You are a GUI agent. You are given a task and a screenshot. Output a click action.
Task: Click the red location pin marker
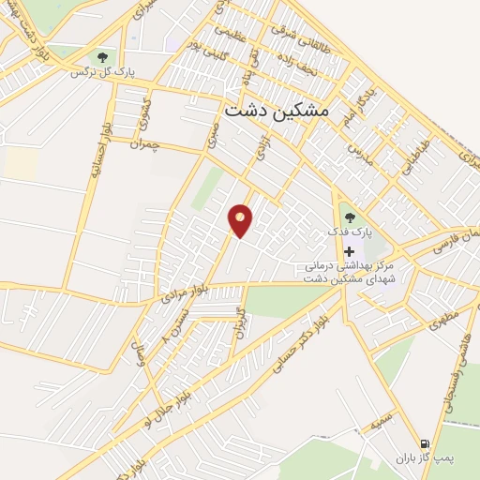tap(241, 220)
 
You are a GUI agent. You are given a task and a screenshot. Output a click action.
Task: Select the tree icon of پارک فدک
tap(351, 217)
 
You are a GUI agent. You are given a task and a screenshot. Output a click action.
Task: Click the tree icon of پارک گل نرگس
tap(100, 58)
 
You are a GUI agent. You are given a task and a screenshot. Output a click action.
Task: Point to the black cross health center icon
tap(350, 251)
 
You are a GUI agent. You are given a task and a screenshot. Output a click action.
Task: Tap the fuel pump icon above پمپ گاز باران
tap(426, 443)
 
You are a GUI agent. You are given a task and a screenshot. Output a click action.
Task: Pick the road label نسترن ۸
tap(178, 325)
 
